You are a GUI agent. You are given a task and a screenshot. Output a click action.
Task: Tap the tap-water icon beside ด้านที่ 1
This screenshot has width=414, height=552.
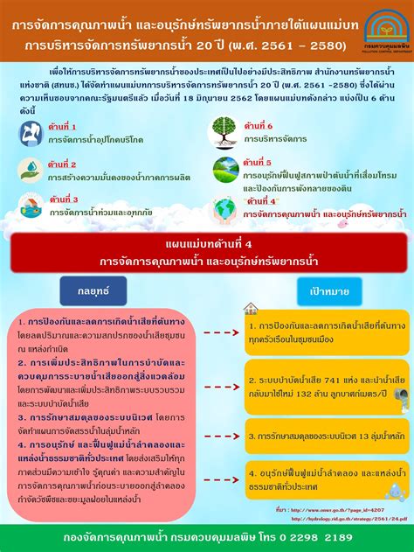point(31,131)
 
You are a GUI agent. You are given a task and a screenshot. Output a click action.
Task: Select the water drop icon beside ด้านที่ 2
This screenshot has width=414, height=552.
point(31,169)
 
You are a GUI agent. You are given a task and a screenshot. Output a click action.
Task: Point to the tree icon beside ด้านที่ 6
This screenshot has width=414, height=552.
point(224,131)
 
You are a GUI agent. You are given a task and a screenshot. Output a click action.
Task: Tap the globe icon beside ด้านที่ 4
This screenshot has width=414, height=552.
point(224,208)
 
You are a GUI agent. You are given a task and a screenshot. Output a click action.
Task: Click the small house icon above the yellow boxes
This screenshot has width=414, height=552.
point(251,308)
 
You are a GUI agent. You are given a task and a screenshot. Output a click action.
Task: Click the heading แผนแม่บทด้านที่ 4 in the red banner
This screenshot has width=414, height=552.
point(207,244)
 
